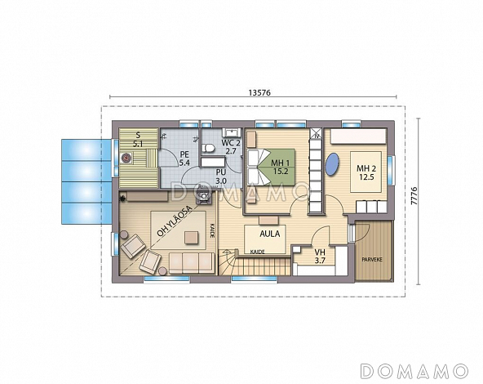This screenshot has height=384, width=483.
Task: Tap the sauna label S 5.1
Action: pos(138,140)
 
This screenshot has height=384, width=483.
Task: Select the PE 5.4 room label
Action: pos(184,159)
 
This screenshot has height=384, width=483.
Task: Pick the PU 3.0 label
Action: pos(221,176)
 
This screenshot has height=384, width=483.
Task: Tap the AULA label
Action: pos(270,234)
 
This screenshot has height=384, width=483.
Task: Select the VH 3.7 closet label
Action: pos(320,257)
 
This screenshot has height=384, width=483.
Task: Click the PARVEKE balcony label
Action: pos(372,259)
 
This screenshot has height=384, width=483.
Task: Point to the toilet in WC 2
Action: pos(209,147)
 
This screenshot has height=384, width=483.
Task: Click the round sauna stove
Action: pos(126,158)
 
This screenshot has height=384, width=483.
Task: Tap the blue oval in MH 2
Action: pos(332,165)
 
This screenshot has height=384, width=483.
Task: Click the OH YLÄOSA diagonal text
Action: pos(175,221)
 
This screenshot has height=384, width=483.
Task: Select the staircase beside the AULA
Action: pos(255,262)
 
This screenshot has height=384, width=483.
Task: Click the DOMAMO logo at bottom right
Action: pos(414,371)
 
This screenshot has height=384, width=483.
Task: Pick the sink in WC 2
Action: pos(233,132)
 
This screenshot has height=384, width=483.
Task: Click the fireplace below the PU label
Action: pos(205,195)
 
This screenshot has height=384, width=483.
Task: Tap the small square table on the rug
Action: pos(192,238)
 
